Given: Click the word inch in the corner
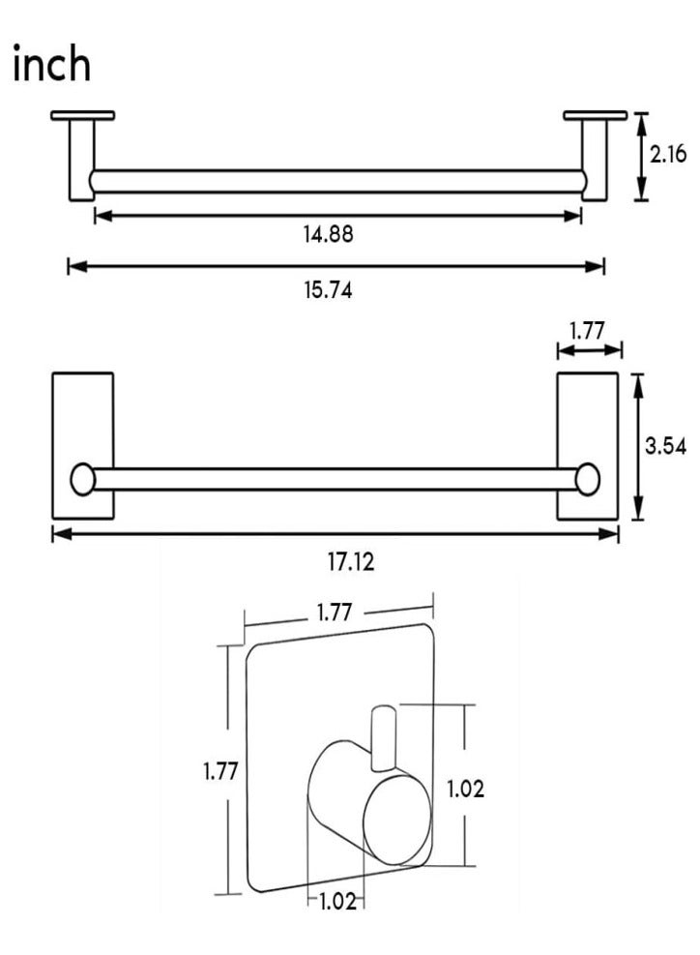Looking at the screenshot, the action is point(52,63).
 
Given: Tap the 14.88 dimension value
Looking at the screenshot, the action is point(329,234).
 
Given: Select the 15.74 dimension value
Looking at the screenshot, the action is point(329,290).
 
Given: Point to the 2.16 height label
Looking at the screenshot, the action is point(668,154).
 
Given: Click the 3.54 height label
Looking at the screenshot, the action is point(666,446).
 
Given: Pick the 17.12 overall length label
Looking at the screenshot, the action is point(351,561).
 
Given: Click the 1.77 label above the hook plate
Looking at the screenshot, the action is point(335,612).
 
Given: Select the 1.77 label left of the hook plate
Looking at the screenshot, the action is point(220,772).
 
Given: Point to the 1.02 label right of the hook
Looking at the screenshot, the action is point(466,790).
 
